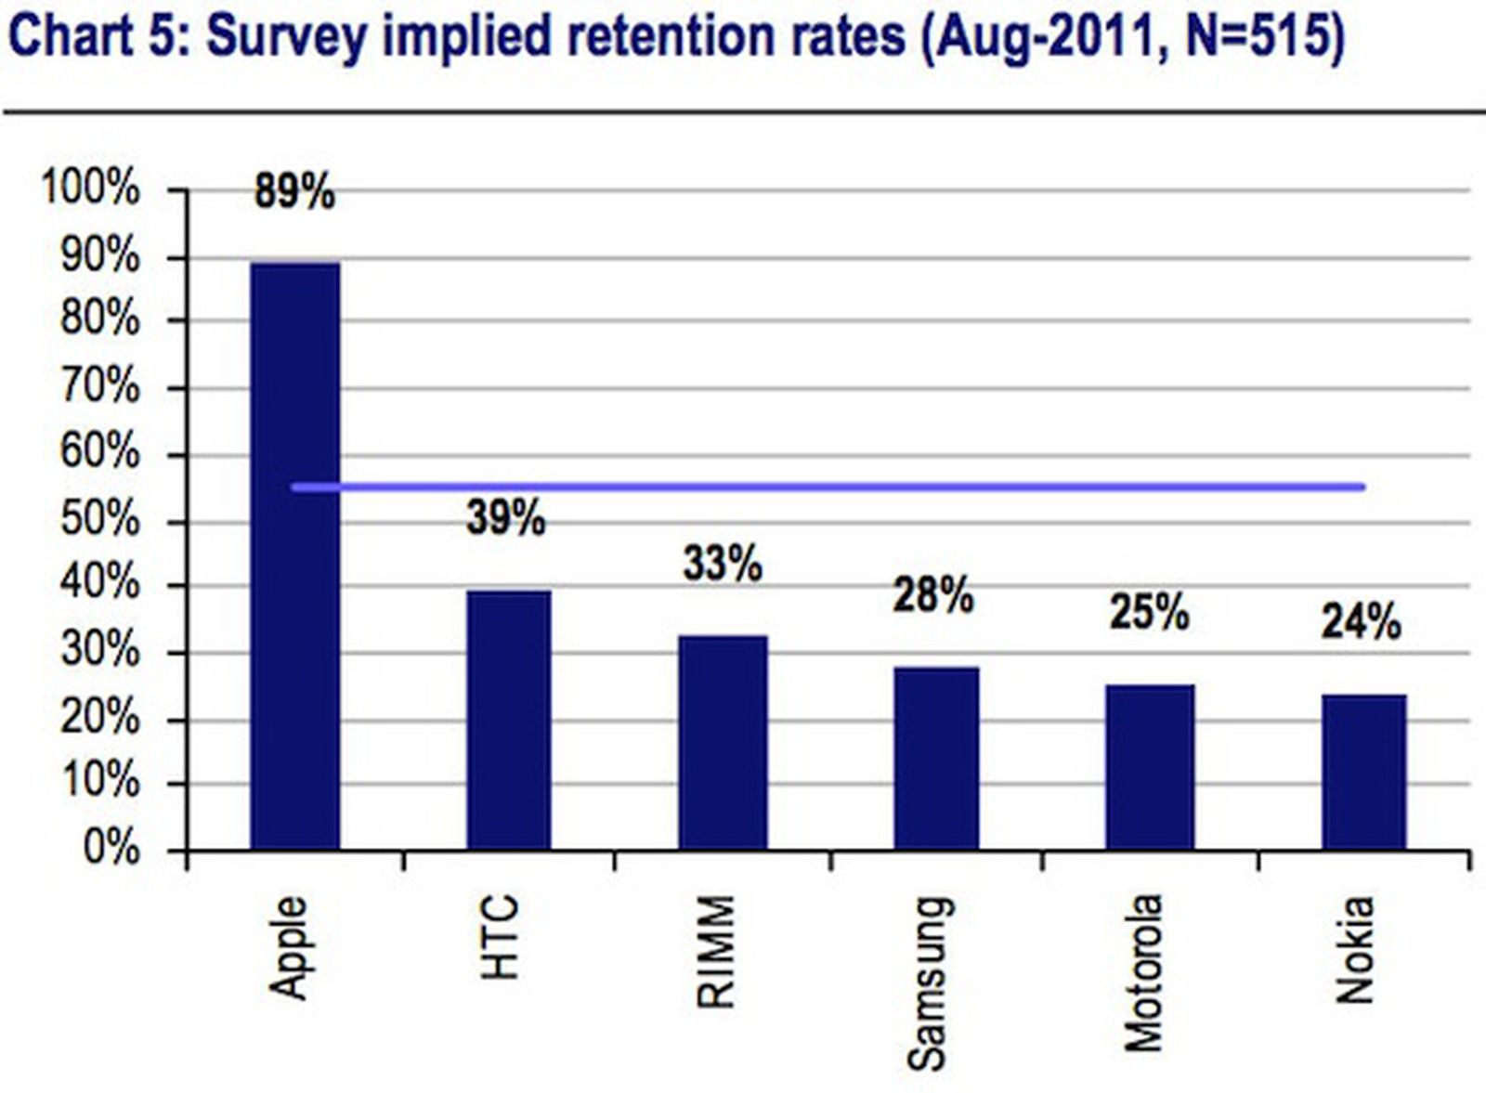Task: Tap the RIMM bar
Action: click(723, 742)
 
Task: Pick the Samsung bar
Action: click(936, 758)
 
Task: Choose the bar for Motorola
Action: click(1149, 767)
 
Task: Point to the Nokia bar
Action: click(1363, 772)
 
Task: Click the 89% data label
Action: click(294, 193)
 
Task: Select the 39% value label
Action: click(505, 518)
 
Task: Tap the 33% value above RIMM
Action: click(723, 564)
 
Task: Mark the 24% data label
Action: click(1361, 622)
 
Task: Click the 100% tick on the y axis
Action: click(90, 189)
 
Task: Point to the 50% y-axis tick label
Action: click(100, 520)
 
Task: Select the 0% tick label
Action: click(111, 849)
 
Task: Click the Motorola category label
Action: click(1143, 973)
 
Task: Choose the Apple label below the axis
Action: click(289, 947)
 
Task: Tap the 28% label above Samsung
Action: click(933, 595)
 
